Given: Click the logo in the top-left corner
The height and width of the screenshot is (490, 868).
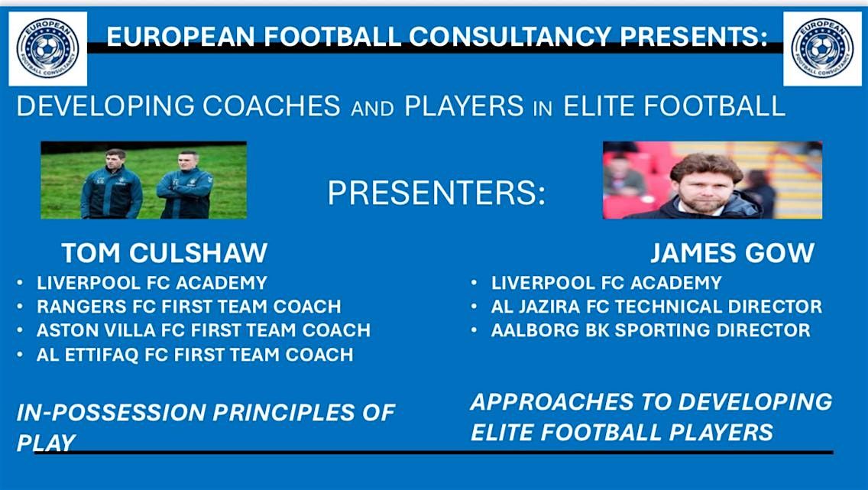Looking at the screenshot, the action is click(47, 49).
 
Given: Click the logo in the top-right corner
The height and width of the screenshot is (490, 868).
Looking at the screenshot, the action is click(822, 49).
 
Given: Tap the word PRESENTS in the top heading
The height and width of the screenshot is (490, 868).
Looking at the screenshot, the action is click(695, 37).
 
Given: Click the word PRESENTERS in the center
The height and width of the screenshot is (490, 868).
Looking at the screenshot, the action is click(436, 193).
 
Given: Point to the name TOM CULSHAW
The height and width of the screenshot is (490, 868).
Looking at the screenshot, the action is click(164, 253).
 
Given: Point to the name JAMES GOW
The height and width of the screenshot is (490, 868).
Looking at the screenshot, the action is click(732, 253).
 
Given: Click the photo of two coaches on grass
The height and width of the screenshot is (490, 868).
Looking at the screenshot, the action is click(144, 180).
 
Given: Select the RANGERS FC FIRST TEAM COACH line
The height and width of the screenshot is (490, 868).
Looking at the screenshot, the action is click(189, 307).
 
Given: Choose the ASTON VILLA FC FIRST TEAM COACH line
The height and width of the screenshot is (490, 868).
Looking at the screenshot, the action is click(203, 330).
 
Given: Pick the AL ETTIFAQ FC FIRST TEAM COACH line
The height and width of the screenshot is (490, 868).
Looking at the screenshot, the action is click(195, 355).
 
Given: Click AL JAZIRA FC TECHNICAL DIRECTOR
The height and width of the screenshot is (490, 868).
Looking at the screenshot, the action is click(656, 307).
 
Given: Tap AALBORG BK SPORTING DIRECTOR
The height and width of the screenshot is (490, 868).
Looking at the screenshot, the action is click(650, 330).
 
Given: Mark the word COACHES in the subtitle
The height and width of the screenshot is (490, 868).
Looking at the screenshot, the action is click(271, 106).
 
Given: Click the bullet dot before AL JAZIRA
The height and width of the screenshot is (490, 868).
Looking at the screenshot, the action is click(474, 307).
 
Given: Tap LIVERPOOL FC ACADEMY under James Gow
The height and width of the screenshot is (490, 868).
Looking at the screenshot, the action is click(606, 283).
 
